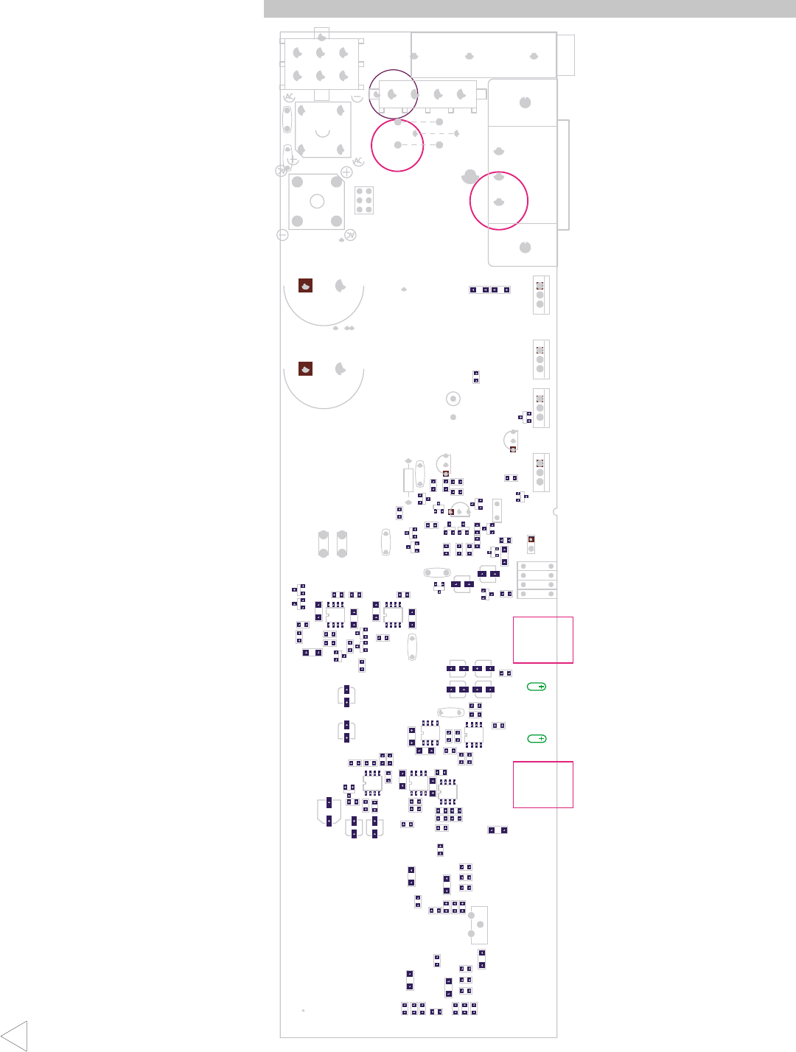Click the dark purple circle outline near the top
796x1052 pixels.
(x=394, y=94)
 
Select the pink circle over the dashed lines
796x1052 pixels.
(x=398, y=145)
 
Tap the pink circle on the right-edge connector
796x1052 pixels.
(x=499, y=200)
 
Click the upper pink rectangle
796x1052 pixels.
(x=543, y=640)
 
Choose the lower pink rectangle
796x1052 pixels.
(x=543, y=785)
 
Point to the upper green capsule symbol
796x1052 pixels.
(x=537, y=687)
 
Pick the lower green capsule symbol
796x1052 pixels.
(x=537, y=739)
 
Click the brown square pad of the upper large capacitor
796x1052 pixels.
(x=305, y=286)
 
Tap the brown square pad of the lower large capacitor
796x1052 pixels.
(x=305, y=368)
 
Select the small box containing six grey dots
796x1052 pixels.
(x=364, y=200)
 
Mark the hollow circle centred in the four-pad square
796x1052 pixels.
(x=317, y=201)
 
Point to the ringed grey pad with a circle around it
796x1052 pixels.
(x=453, y=399)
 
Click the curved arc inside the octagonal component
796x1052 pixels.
(x=322, y=133)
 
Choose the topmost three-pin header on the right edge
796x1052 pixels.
(x=540, y=295)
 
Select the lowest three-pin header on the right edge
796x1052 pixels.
(x=540, y=472)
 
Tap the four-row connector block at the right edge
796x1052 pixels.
(x=537, y=580)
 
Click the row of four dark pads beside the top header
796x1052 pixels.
(x=489, y=290)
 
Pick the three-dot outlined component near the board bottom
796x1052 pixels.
(x=478, y=925)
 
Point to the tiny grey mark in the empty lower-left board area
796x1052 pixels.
(x=303, y=1010)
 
